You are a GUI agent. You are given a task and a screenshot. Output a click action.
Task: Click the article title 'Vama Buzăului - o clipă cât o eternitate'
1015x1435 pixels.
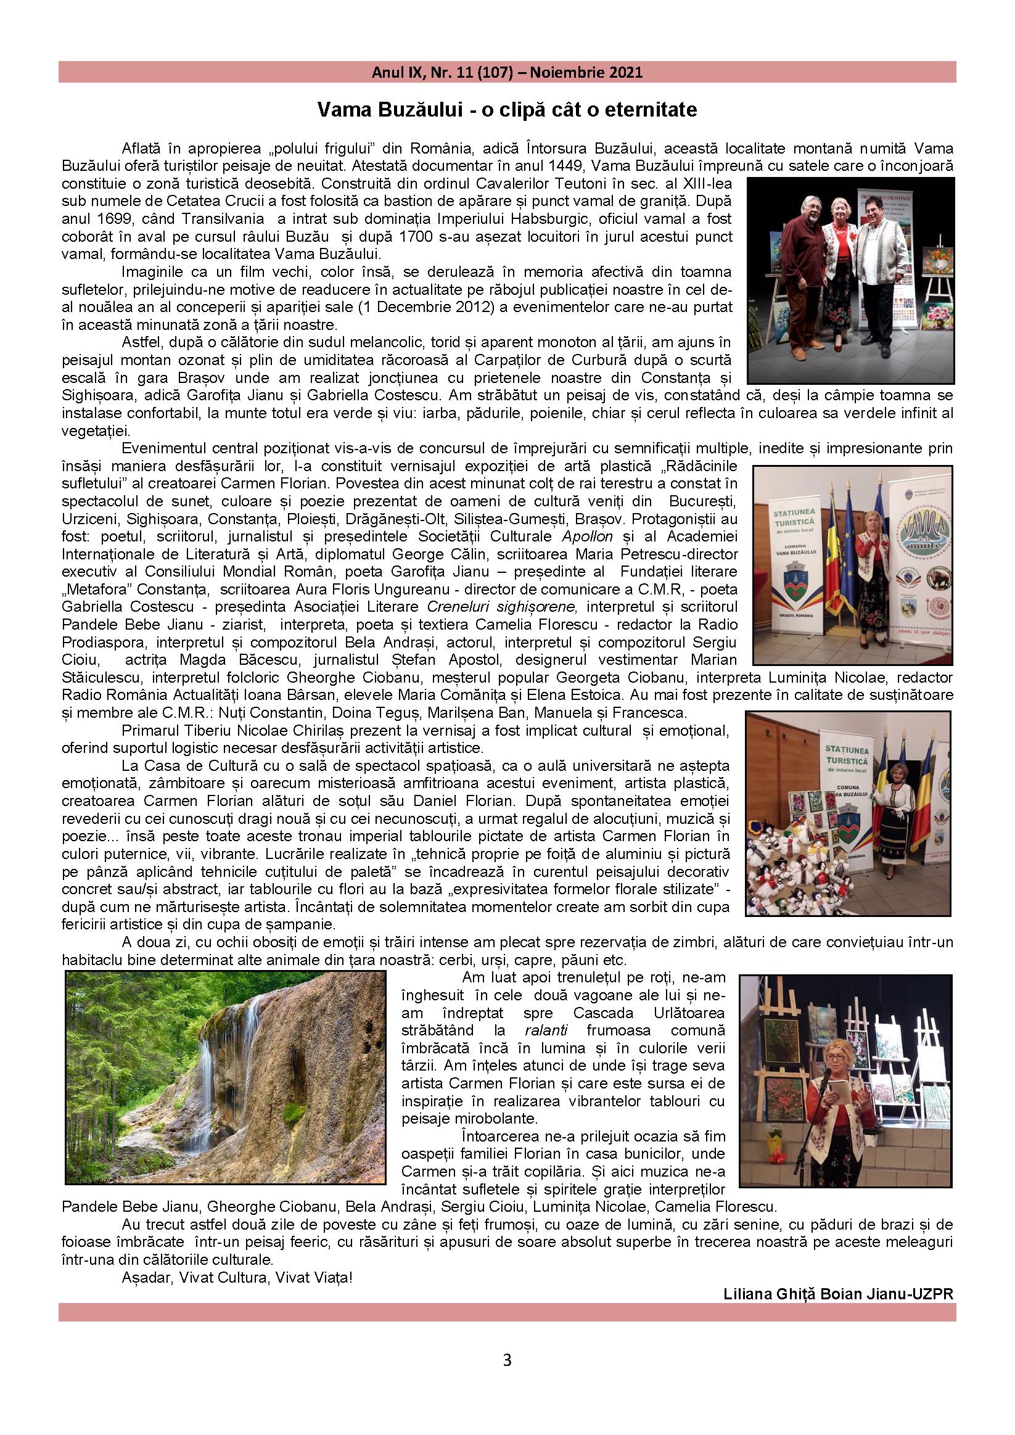tap(507, 110)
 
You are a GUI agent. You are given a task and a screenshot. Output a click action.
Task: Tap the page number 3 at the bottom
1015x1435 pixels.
tap(507, 1360)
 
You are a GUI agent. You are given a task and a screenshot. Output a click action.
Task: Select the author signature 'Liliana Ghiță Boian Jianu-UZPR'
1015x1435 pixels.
tap(838, 1294)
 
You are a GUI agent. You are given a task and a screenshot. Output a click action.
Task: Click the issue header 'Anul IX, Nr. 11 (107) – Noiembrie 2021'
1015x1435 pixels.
tap(507, 73)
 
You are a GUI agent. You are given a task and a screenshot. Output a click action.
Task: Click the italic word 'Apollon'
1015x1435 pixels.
tap(588, 537)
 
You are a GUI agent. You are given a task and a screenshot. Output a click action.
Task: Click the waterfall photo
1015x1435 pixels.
tap(226, 1077)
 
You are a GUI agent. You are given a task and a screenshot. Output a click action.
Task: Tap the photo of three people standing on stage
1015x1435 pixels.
tap(850, 281)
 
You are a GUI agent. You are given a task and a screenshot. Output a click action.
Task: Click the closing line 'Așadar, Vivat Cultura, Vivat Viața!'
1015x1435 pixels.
tap(237, 1278)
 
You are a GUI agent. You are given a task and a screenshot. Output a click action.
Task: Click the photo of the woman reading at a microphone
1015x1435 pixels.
tap(845, 1080)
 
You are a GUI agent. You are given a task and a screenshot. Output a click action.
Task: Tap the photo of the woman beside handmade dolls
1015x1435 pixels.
tap(847, 813)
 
